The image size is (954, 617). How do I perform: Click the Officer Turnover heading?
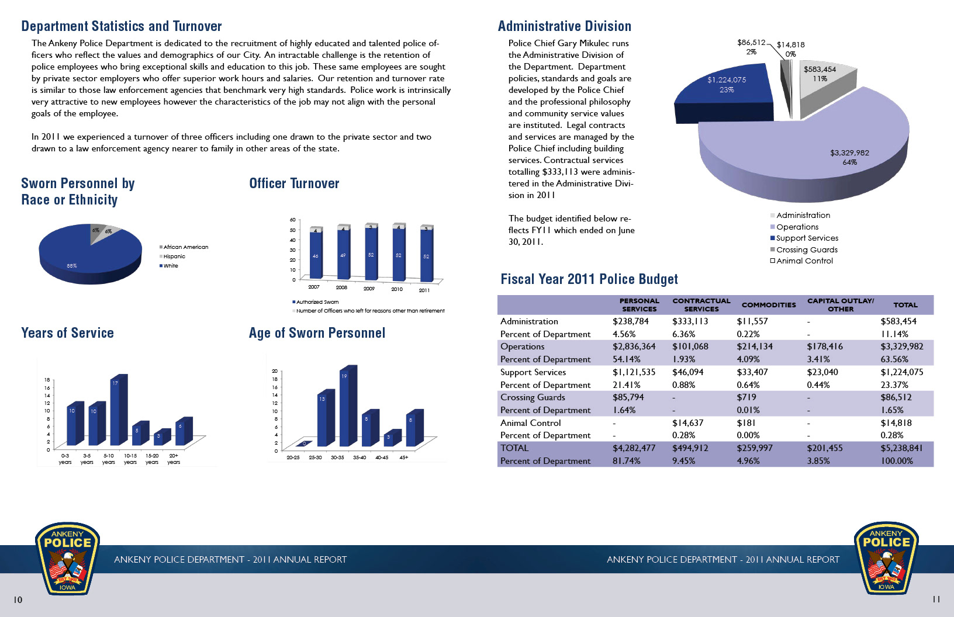[294, 183]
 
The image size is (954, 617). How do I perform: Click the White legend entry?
[170, 266]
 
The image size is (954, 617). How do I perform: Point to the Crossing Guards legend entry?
[806, 249]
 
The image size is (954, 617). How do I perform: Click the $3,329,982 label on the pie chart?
[849, 153]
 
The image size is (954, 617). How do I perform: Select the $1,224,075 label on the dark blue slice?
[727, 80]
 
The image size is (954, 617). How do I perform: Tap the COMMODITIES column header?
[768, 305]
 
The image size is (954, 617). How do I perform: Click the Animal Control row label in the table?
[530, 423]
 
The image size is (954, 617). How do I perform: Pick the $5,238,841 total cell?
[901, 448]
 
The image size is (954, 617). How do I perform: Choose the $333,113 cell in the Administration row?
[690, 321]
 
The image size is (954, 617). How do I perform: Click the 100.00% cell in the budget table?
[897, 461]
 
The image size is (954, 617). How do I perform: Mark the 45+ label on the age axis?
[404, 457]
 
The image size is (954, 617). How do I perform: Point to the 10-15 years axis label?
[130, 459]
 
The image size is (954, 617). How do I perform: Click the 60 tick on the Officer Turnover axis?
[292, 220]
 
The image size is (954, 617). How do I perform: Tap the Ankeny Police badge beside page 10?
[67, 559]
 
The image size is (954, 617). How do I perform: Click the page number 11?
[936, 599]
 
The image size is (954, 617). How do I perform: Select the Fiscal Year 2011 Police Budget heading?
[589, 279]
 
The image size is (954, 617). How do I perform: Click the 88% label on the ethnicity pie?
[71, 266]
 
